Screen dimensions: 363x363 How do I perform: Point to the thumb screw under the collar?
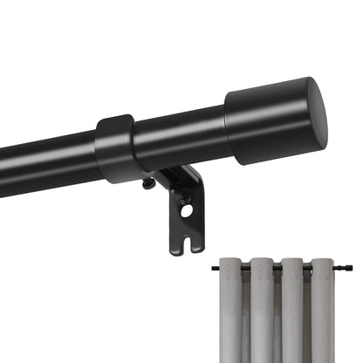pyautogui.click(x=149, y=184)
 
